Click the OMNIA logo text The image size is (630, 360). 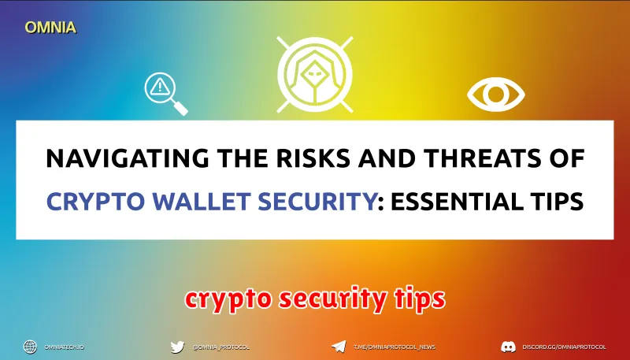pyautogui.click(x=50, y=27)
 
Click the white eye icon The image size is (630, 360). pyautogui.click(x=496, y=95)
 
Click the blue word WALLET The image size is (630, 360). pyautogui.click(x=192, y=200)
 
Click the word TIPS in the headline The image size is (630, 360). pyautogui.click(x=554, y=200)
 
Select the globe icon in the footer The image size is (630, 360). pyautogui.click(x=30, y=347)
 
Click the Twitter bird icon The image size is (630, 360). pyautogui.click(x=177, y=347)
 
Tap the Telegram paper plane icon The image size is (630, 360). pyautogui.click(x=338, y=347)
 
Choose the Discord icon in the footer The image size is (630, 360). pyautogui.click(x=508, y=347)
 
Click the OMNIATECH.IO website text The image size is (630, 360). pyautogui.click(x=65, y=347)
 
